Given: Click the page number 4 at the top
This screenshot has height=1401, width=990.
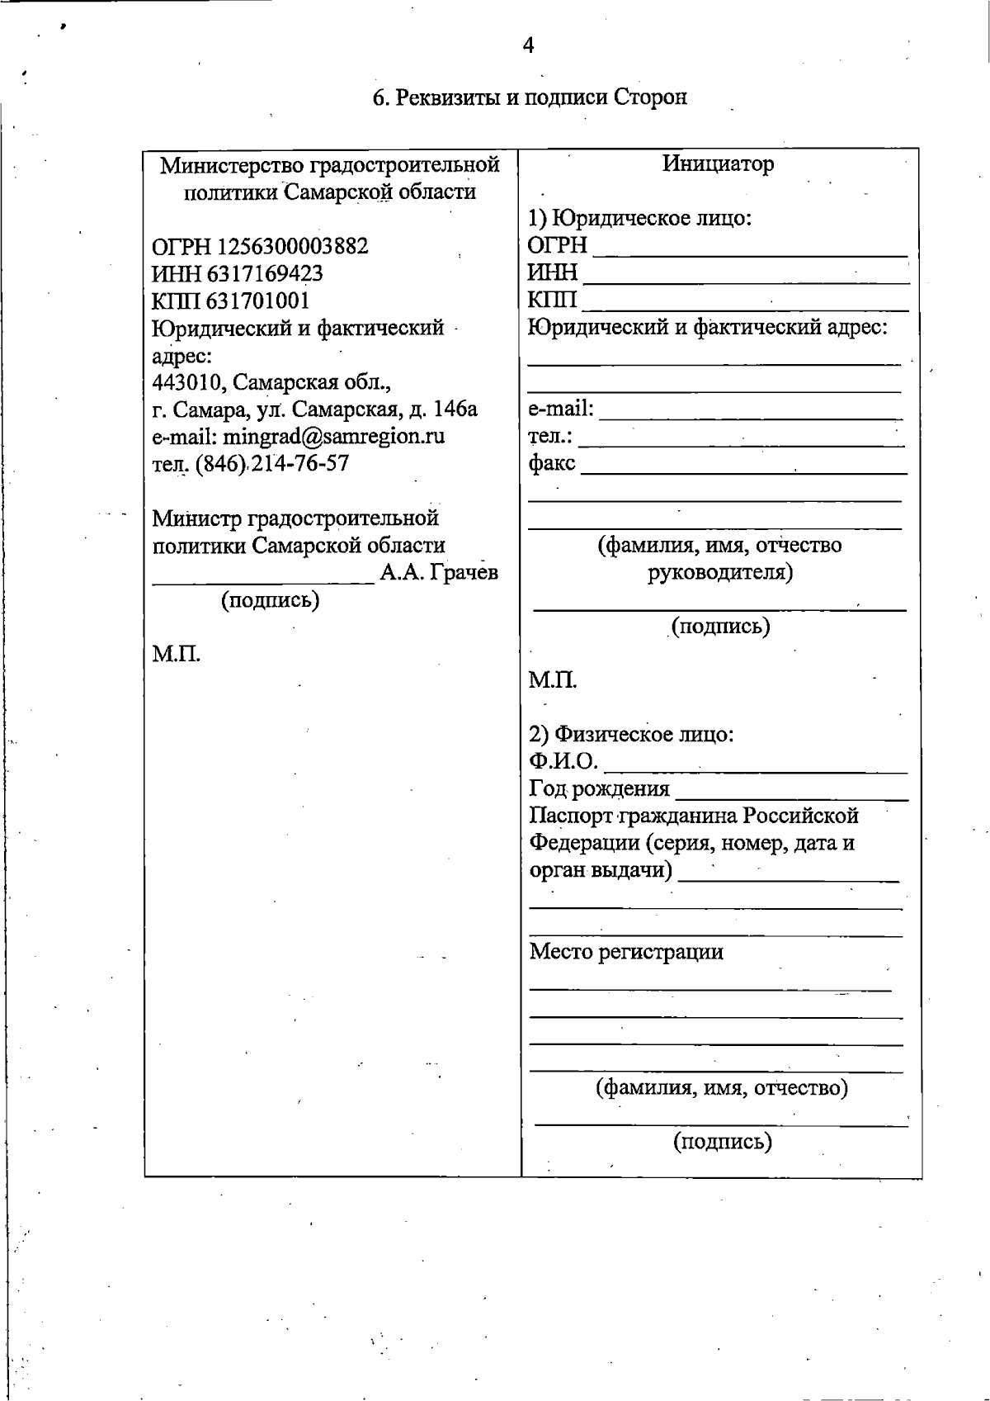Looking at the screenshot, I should click(528, 45).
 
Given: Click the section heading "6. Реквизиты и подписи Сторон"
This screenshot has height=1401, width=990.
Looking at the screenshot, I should click(529, 97).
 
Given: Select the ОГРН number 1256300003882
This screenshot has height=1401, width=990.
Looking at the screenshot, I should click(292, 246).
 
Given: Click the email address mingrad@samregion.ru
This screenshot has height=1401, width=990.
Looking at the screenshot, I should click(334, 436).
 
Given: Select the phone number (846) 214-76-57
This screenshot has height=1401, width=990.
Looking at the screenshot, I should click(272, 463).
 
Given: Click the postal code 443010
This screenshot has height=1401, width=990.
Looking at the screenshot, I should click(188, 382).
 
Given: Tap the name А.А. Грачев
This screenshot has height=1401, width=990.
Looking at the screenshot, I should click(439, 572).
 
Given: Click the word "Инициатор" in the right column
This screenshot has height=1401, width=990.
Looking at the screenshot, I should click(718, 163).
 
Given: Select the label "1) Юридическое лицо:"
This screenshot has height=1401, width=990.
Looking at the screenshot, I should click(639, 219).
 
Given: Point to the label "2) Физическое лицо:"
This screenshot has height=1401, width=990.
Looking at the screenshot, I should click(631, 734).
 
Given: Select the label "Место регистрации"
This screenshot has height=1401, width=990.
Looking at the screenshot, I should click(625, 952).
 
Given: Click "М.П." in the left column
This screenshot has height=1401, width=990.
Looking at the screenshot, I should click(177, 655).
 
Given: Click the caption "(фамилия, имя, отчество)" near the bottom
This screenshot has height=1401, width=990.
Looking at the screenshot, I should click(722, 1087).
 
